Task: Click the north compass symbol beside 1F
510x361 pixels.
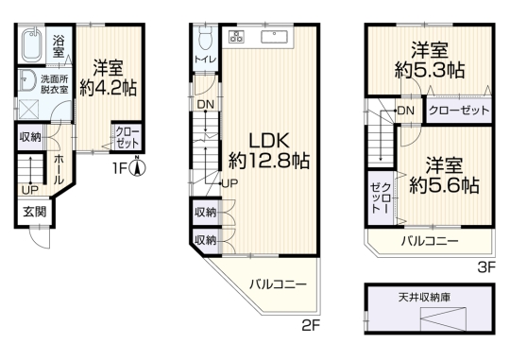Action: tap(137, 166)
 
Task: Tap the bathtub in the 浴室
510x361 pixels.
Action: tap(31, 45)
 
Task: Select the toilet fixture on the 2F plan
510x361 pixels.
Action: tap(205, 37)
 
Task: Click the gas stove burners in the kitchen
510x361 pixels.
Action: tap(236, 36)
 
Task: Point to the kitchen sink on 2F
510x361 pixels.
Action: tap(274, 37)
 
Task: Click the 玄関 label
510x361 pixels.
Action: tap(35, 213)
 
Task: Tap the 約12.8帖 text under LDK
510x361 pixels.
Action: tap(268, 161)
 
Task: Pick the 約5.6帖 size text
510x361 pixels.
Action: tap(444, 186)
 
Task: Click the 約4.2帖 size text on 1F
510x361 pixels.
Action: tap(109, 88)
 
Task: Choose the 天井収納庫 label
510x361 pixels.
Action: tap(424, 297)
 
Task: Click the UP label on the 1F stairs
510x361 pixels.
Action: tap(30, 189)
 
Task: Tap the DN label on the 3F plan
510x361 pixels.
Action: tap(406, 111)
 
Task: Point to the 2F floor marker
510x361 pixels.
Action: tap(312, 326)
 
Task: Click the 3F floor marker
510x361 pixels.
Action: tap(486, 267)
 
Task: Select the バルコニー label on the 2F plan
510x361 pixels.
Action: tap(278, 284)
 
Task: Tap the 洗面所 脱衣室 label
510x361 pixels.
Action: tap(55, 84)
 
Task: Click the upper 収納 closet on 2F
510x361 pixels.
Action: tap(205, 213)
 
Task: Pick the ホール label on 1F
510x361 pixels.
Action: tap(59, 169)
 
